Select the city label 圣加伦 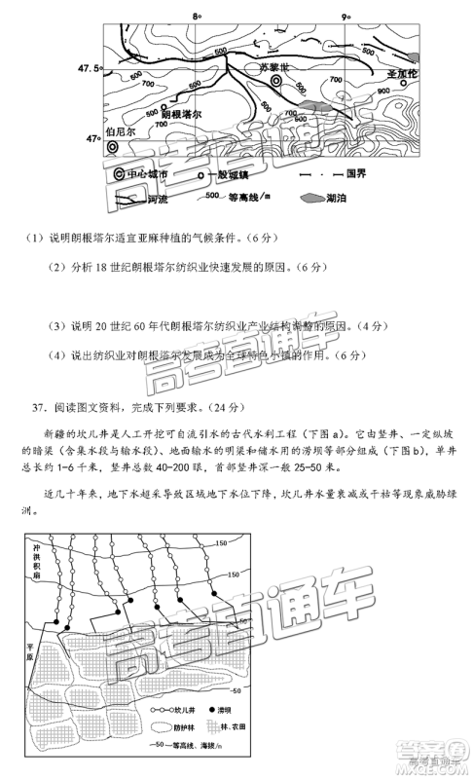[x=401, y=74]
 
